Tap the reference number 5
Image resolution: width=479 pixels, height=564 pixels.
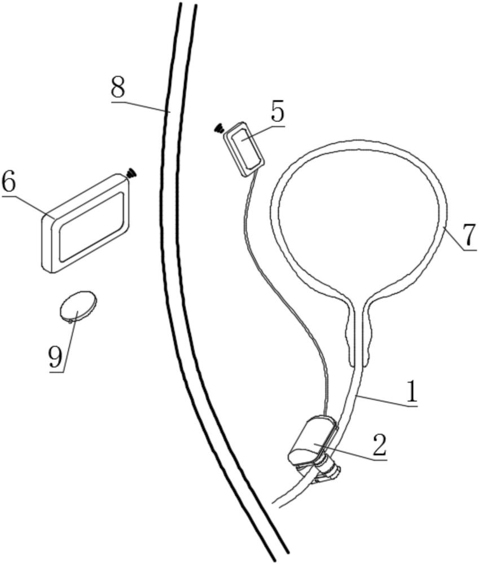(x=277, y=112)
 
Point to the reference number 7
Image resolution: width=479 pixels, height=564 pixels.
(x=469, y=236)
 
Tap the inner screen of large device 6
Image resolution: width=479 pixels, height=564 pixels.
(x=91, y=227)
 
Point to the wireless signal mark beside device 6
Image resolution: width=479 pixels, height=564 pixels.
(x=131, y=173)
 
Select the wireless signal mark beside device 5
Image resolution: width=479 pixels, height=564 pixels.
(x=219, y=129)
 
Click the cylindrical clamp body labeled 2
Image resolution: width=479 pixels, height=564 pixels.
(x=311, y=440)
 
